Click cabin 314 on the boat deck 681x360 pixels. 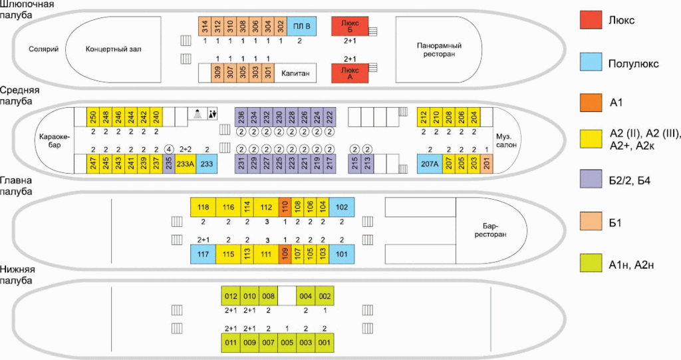(205, 26)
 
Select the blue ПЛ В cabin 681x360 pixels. (302, 26)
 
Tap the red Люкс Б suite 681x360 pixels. (350, 26)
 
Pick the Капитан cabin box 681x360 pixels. (295, 73)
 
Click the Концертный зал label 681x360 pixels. (113, 49)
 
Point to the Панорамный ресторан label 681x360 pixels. (439, 49)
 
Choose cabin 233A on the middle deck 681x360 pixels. (186, 164)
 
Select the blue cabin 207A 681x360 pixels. (430, 164)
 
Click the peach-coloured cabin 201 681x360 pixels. (486, 164)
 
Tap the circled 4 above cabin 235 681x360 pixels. (168, 149)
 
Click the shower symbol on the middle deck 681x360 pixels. (198, 114)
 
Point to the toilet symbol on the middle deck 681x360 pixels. (212, 114)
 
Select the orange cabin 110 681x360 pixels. (285, 207)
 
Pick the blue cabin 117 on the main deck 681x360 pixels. (204, 254)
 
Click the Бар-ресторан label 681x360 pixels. (490, 230)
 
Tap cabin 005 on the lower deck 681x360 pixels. (287, 342)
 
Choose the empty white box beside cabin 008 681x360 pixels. (287, 295)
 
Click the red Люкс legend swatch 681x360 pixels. (591, 20)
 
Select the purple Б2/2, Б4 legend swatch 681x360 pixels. (591, 179)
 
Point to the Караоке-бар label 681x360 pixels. (55, 141)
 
